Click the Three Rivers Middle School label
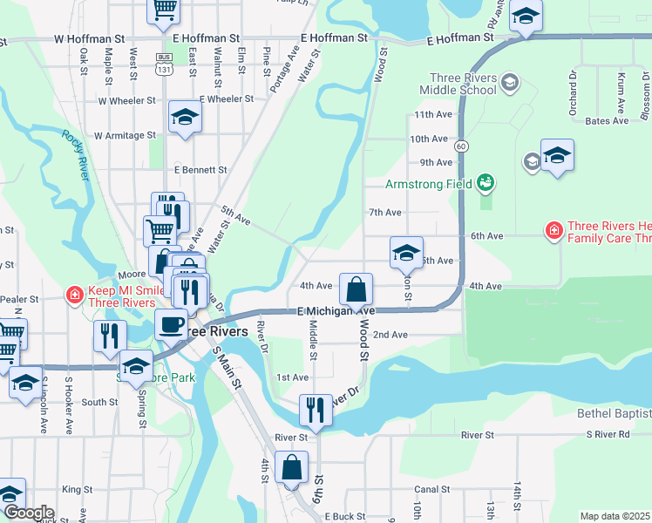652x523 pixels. pyautogui.click(x=458, y=84)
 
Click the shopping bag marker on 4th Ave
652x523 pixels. pyautogui.click(x=356, y=289)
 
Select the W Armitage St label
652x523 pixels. pyautogui.click(x=125, y=135)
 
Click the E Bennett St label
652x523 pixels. pyautogui.click(x=200, y=170)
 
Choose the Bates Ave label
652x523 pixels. pyautogui.click(x=607, y=120)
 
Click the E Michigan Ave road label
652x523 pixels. pyautogui.click(x=336, y=311)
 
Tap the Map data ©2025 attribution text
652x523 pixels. pyautogui.click(x=615, y=516)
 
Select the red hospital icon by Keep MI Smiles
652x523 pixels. pyautogui.click(x=75, y=295)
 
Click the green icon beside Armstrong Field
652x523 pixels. pyautogui.click(x=486, y=183)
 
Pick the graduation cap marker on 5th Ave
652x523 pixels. pyautogui.click(x=406, y=253)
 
